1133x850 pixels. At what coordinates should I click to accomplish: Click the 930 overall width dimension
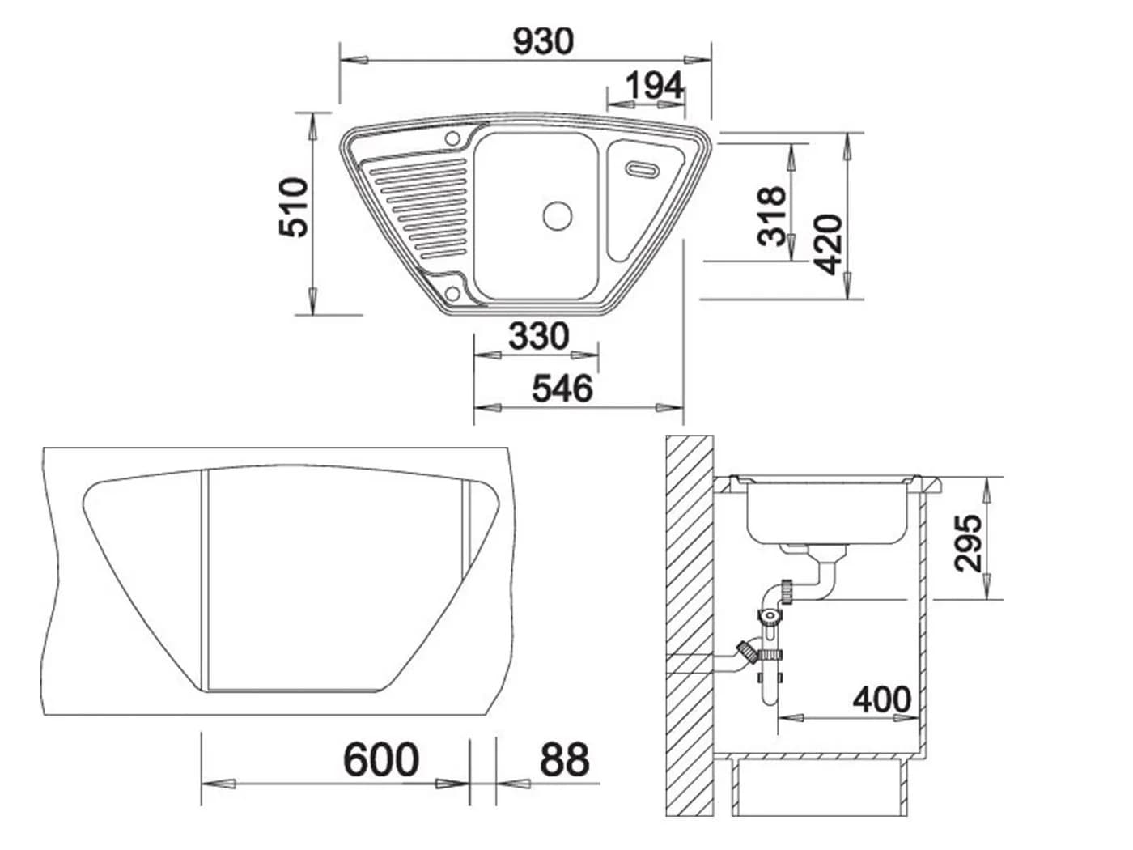(x=542, y=41)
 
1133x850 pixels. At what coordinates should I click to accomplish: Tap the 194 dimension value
(x=654, y=86)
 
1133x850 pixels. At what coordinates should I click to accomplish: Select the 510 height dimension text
(x=294, y=207)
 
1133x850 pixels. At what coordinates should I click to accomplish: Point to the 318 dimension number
(x=772, y=215)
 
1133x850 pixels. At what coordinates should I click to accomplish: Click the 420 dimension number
(x=827, y=244)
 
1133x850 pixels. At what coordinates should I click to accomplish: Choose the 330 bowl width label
(x=538, y=336)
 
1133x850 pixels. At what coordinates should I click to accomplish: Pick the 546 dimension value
(x=562, y=389)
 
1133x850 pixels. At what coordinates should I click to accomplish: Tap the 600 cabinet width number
(x=381, y=759)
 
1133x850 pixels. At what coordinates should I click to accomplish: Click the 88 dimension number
(x=564, y=759)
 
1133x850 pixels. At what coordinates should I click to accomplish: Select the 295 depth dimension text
(x=968, y=543)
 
